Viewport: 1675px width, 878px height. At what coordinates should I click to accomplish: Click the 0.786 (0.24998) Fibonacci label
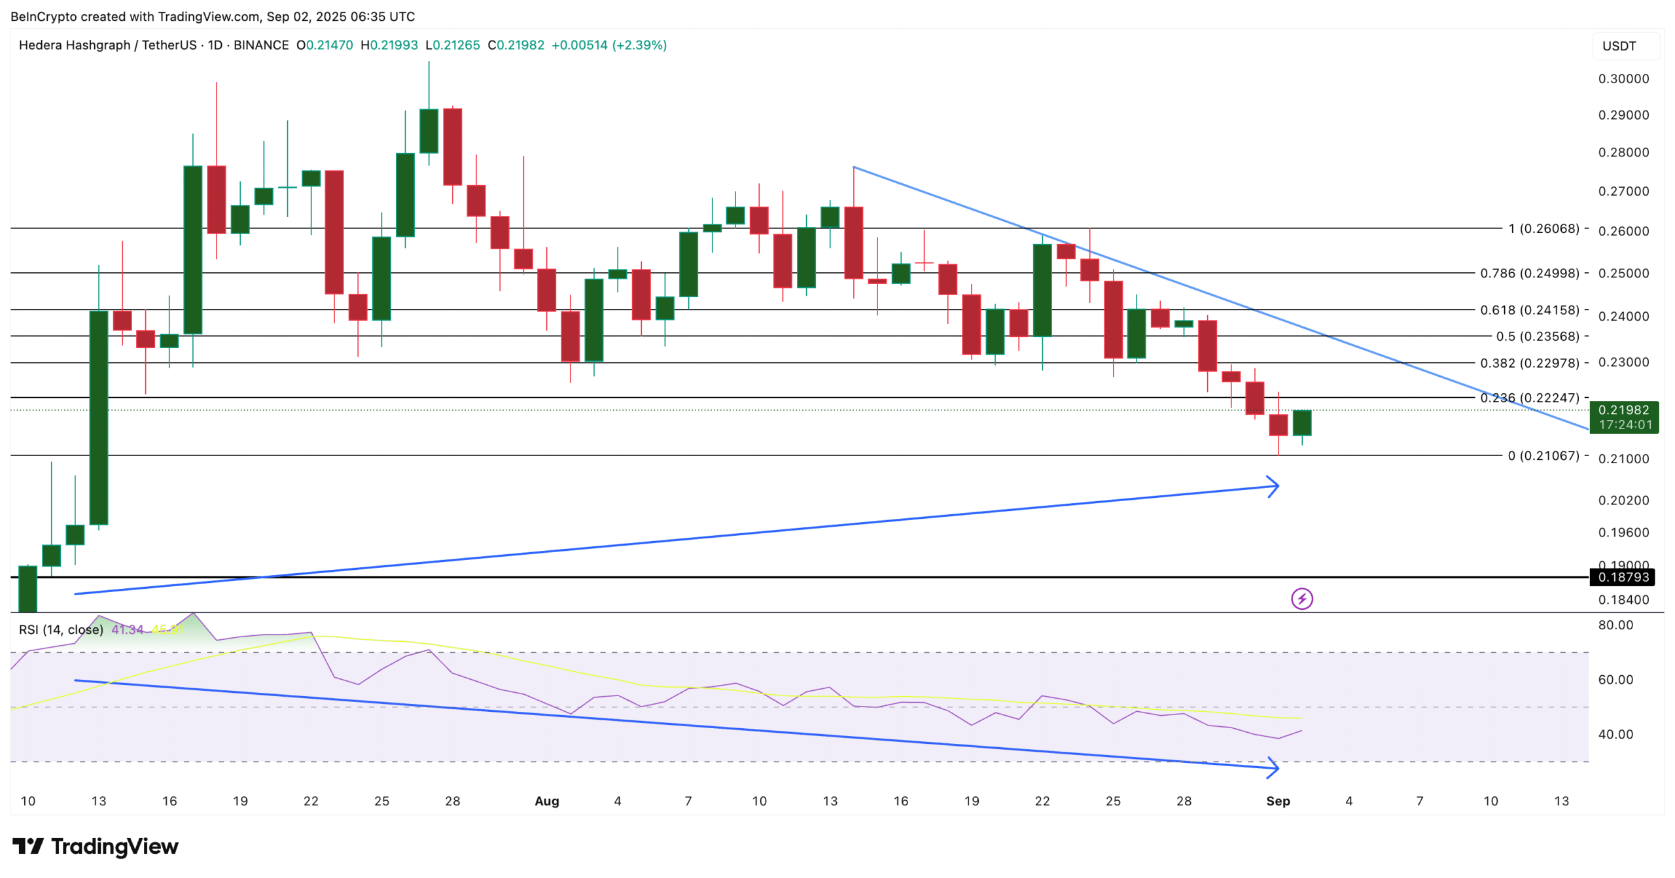coord(1529,273)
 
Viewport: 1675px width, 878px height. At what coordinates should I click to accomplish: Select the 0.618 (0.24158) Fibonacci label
coord(1529,310)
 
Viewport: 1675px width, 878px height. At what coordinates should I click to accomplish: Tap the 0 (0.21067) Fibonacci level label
coord(1543,455)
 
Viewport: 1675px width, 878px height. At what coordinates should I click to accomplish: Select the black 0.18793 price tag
coord(1623,577)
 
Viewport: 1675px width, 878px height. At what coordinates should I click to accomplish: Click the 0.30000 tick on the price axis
coord(1623,79)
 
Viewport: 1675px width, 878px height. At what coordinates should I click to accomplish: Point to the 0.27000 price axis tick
coord(1623,191)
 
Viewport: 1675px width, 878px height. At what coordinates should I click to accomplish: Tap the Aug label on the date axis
coord(546,801)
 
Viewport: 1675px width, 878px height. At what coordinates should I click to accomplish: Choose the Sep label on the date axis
coord(1277,801)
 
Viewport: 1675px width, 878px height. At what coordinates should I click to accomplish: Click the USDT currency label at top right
coord(1619,46)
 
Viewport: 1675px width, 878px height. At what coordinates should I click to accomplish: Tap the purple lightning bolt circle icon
coord(1301,599)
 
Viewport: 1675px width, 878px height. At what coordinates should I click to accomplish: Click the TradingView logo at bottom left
coord(95,847)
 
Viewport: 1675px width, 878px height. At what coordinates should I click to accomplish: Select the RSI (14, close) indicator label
coord(61,629)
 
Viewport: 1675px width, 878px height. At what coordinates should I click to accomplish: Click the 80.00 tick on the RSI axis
coord(1615,625)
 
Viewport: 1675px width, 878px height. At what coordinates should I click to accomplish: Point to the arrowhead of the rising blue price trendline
coord(1273,486)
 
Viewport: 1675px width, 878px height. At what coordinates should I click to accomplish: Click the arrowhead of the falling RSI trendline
coord(1273,767)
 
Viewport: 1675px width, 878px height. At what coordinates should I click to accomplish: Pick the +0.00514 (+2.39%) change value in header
coord(608,45)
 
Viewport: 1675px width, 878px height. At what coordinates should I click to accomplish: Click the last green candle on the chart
coord(1301,423)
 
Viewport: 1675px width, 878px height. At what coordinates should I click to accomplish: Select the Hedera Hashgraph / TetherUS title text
coord(107,45)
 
